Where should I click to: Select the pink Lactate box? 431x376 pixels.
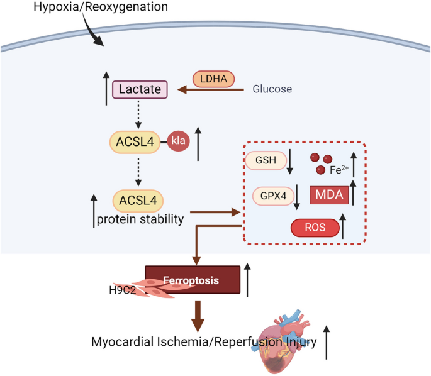140,90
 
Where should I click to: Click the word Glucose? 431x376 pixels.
272,89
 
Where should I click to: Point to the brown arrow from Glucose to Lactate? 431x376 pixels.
211,90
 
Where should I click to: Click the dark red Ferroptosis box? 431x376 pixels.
192,280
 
